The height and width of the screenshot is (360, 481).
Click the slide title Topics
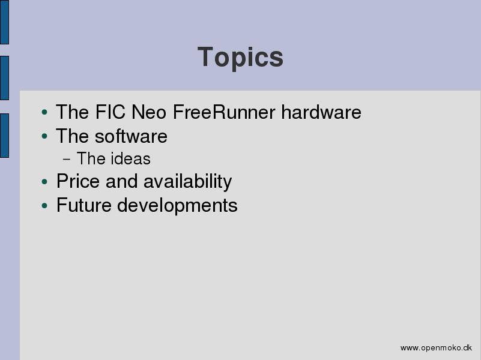click(240, 58)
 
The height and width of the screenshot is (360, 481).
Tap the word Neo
click(149, 112)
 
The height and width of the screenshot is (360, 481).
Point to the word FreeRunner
click(224, 112)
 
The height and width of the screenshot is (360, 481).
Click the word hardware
click(321, 112)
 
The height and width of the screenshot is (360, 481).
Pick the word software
click(131, 136)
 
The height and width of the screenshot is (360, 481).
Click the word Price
click(78, 181)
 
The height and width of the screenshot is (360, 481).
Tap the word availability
click(188, 182)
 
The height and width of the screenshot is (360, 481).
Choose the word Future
click(83, 205)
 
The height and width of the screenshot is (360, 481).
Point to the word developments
click(177, 206)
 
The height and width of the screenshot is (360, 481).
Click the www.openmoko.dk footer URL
click(436, 348)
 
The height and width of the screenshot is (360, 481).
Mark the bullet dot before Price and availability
click(44, 182)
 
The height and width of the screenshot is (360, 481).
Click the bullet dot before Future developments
click(44, 205)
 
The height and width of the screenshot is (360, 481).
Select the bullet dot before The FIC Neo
click(44, 112)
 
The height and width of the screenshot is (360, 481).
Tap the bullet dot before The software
click(44, 136)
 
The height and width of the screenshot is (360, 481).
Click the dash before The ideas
click(66, 160)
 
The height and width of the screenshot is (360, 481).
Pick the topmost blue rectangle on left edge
click(4, 22)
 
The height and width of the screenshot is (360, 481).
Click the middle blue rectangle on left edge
click(4, 78)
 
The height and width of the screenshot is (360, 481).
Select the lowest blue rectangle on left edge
click(4, 136)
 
